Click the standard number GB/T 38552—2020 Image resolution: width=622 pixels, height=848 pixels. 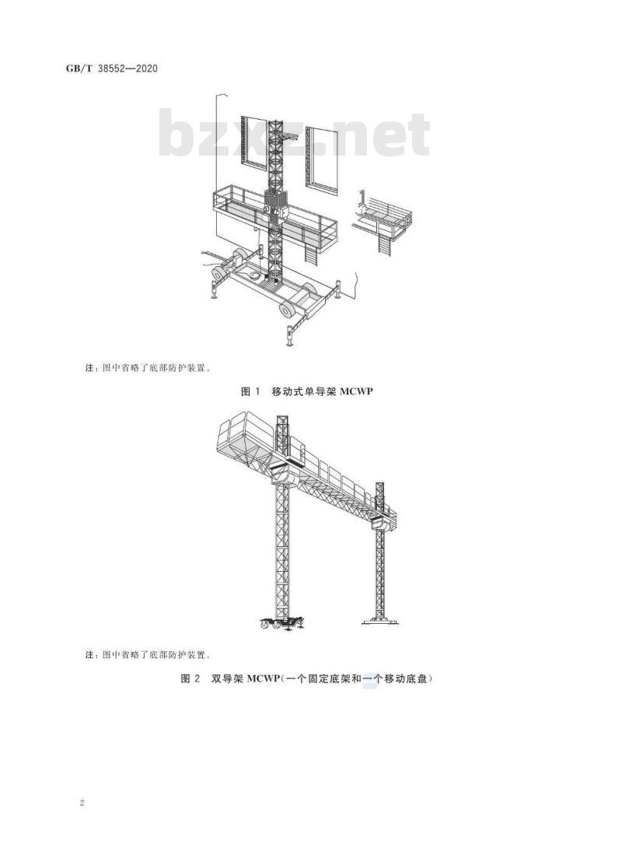coord(112,68)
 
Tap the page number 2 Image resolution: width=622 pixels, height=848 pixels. coord(82,803)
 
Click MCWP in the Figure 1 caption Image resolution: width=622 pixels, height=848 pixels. coord(356,391)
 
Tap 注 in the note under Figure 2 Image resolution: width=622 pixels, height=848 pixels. coord(89,655)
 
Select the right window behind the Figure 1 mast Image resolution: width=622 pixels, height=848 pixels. coord(322,160)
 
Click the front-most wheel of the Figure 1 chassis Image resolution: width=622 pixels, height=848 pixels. coord(286,310)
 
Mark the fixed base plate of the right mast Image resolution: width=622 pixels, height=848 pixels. coord(380,621)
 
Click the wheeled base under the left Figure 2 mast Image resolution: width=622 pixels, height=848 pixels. coord(281,623)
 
